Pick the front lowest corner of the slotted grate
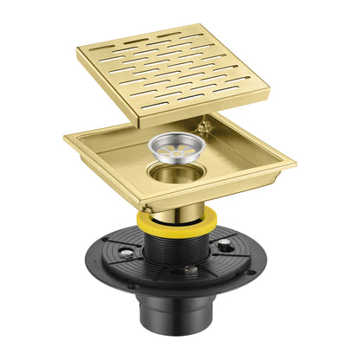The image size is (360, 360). (142, 115)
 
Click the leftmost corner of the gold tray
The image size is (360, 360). (64, 137)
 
